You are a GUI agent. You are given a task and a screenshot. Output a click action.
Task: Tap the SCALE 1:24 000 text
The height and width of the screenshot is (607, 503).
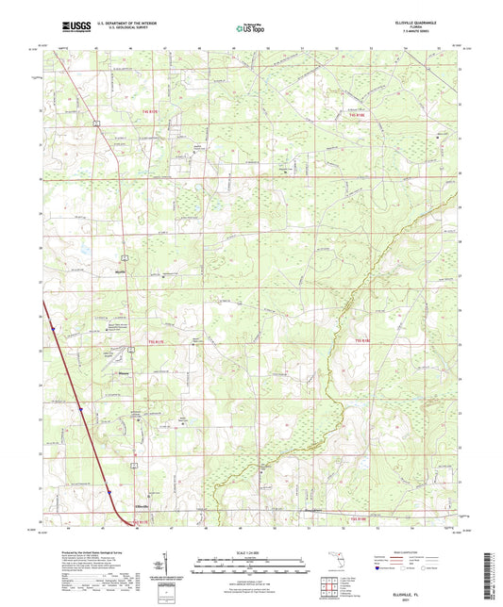click(250, 551)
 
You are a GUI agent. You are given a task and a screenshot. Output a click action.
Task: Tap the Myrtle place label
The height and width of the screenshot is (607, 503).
click(120, 268)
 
